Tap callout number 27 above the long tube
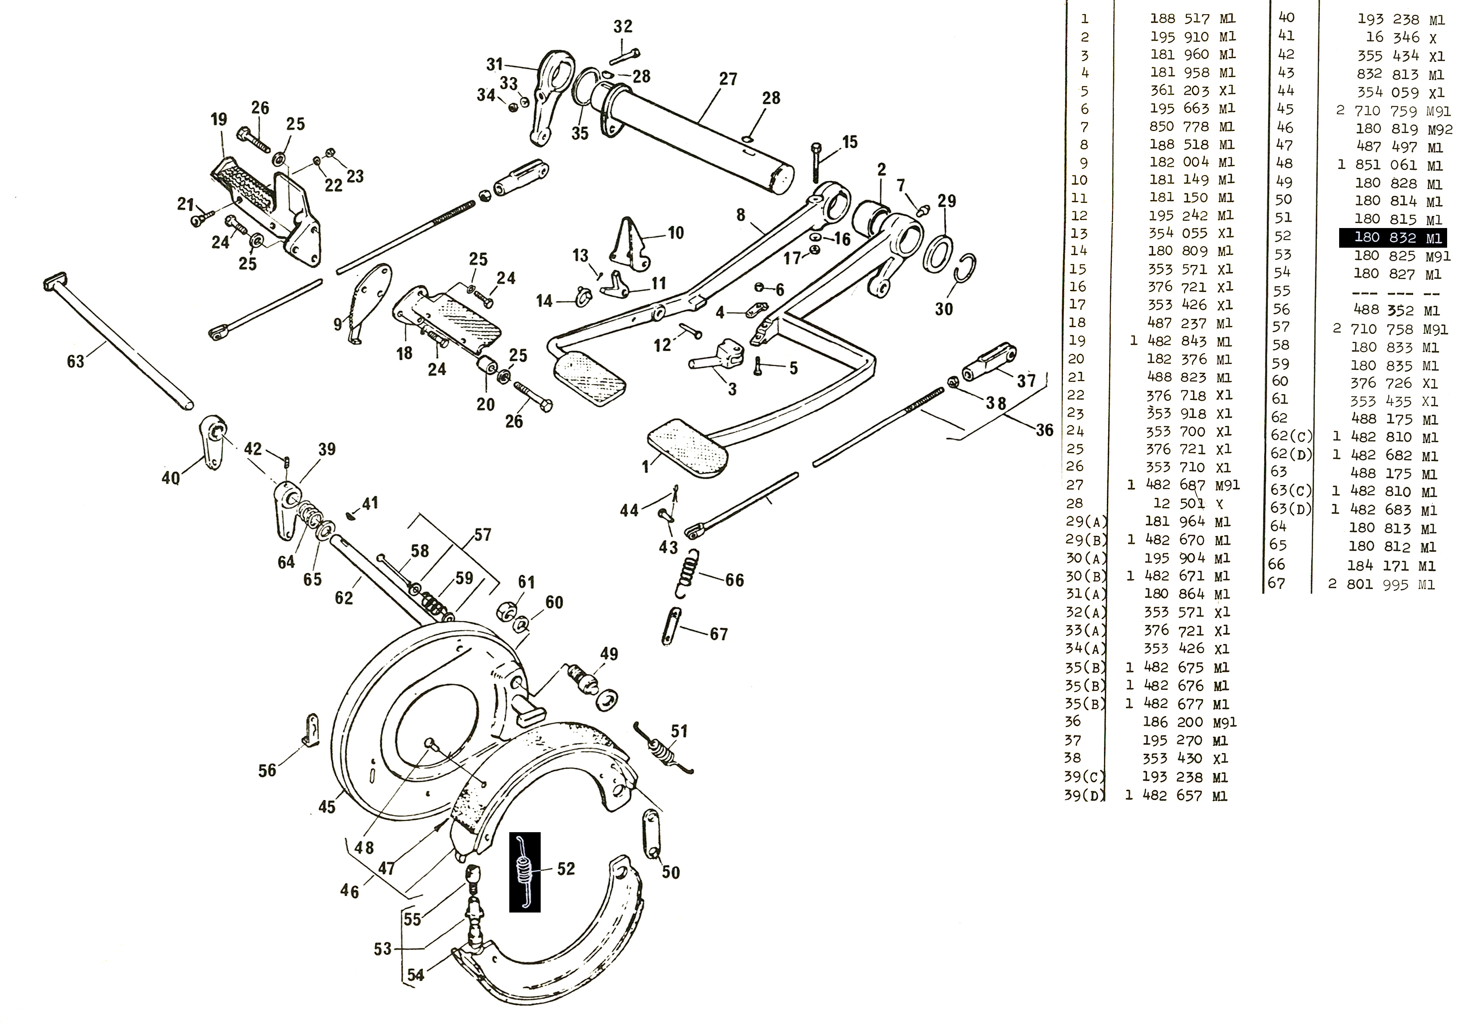click(728, 79)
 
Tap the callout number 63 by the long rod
click(76, 361)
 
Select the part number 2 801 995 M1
click(1381, 584)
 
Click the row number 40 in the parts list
click(1286, 18)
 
